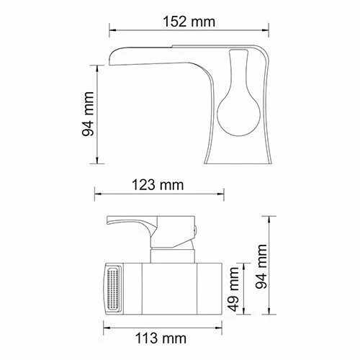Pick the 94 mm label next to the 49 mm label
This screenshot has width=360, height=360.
(264, 266)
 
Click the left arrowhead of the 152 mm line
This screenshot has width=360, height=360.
(112, 31)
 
